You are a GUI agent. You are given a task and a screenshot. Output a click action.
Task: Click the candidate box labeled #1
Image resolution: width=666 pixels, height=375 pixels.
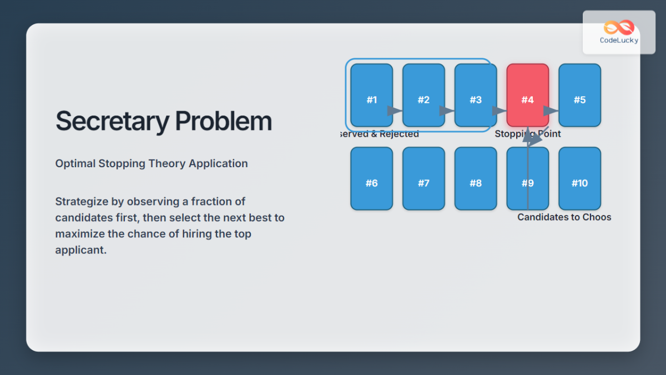(371, 94)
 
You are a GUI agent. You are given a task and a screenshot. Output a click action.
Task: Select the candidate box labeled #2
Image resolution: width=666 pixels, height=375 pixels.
(423, 94)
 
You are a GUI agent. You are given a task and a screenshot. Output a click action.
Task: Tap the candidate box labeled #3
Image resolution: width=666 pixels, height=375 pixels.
(476, 94)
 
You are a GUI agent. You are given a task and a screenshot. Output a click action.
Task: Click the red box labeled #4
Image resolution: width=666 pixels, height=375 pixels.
(527, 94)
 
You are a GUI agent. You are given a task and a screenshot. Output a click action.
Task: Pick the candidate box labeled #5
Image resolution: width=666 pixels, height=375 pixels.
(579, 94)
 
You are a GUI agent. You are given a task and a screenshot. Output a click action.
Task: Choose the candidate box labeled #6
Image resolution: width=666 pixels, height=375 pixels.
(371, 178)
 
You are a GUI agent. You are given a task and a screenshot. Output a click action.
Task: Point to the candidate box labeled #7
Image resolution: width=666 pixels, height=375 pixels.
(423, 178)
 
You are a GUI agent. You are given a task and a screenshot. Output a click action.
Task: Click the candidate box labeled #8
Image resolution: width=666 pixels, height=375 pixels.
(476, 178)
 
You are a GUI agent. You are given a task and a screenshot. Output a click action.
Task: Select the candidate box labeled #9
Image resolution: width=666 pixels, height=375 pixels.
(527, 178)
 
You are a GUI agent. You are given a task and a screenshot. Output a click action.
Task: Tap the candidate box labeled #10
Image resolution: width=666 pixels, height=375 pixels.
(579, 178)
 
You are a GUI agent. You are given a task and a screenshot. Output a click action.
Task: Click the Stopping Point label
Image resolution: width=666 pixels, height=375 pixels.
(527, 134)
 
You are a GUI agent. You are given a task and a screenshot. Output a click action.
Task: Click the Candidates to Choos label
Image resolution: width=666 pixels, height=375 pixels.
(564, 217)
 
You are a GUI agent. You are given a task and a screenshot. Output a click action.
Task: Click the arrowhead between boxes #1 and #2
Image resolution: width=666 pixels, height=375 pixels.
(395, 111)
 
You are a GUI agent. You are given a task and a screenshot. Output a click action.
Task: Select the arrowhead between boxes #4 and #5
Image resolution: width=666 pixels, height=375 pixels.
(551, 111)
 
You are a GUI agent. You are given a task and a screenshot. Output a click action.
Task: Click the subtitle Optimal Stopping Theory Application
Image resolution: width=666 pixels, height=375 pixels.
(152, 163)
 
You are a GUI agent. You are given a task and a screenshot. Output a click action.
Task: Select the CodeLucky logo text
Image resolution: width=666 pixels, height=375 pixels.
(619, 40)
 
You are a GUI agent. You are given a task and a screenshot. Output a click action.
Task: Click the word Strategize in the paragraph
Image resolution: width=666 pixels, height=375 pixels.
(82, 201)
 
